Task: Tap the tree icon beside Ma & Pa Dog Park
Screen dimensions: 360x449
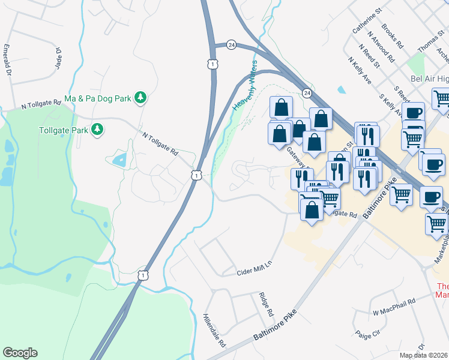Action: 140,97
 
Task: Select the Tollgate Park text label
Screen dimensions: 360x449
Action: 62,130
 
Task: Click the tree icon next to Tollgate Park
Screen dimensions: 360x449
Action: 96,130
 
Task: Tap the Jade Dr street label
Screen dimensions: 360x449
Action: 59,58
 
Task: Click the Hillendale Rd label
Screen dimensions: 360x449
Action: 214,331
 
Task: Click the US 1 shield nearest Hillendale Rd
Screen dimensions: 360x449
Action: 142,275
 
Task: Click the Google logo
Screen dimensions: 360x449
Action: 20,353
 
